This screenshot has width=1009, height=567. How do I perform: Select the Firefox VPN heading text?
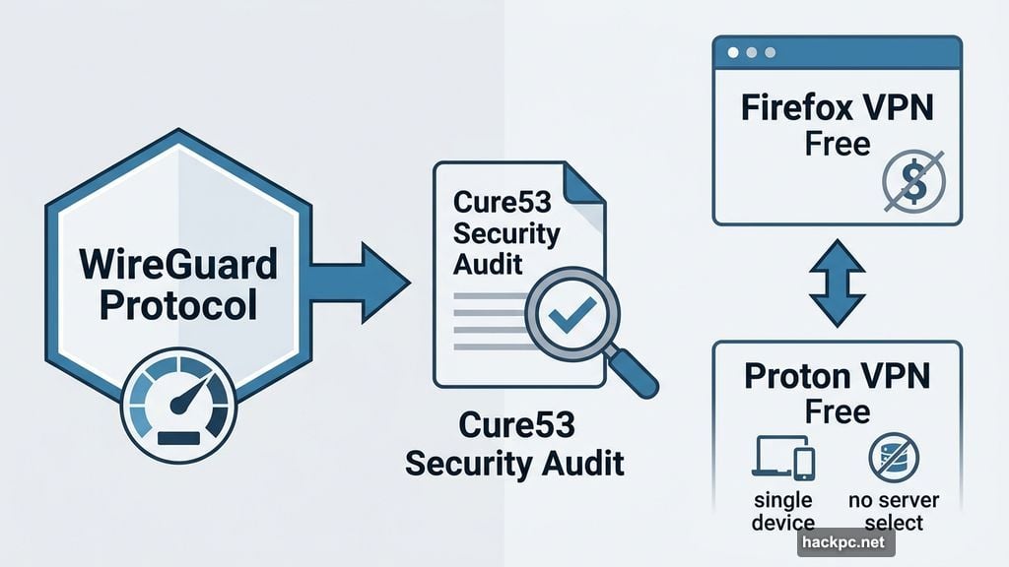coord(837,107)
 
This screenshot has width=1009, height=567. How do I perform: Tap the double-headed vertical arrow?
coord(837,283)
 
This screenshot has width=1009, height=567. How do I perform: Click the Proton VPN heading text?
coord(837,376)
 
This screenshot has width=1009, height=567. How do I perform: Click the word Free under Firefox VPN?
coord(837,144)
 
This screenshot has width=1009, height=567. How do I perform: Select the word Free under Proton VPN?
coord(837,412)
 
